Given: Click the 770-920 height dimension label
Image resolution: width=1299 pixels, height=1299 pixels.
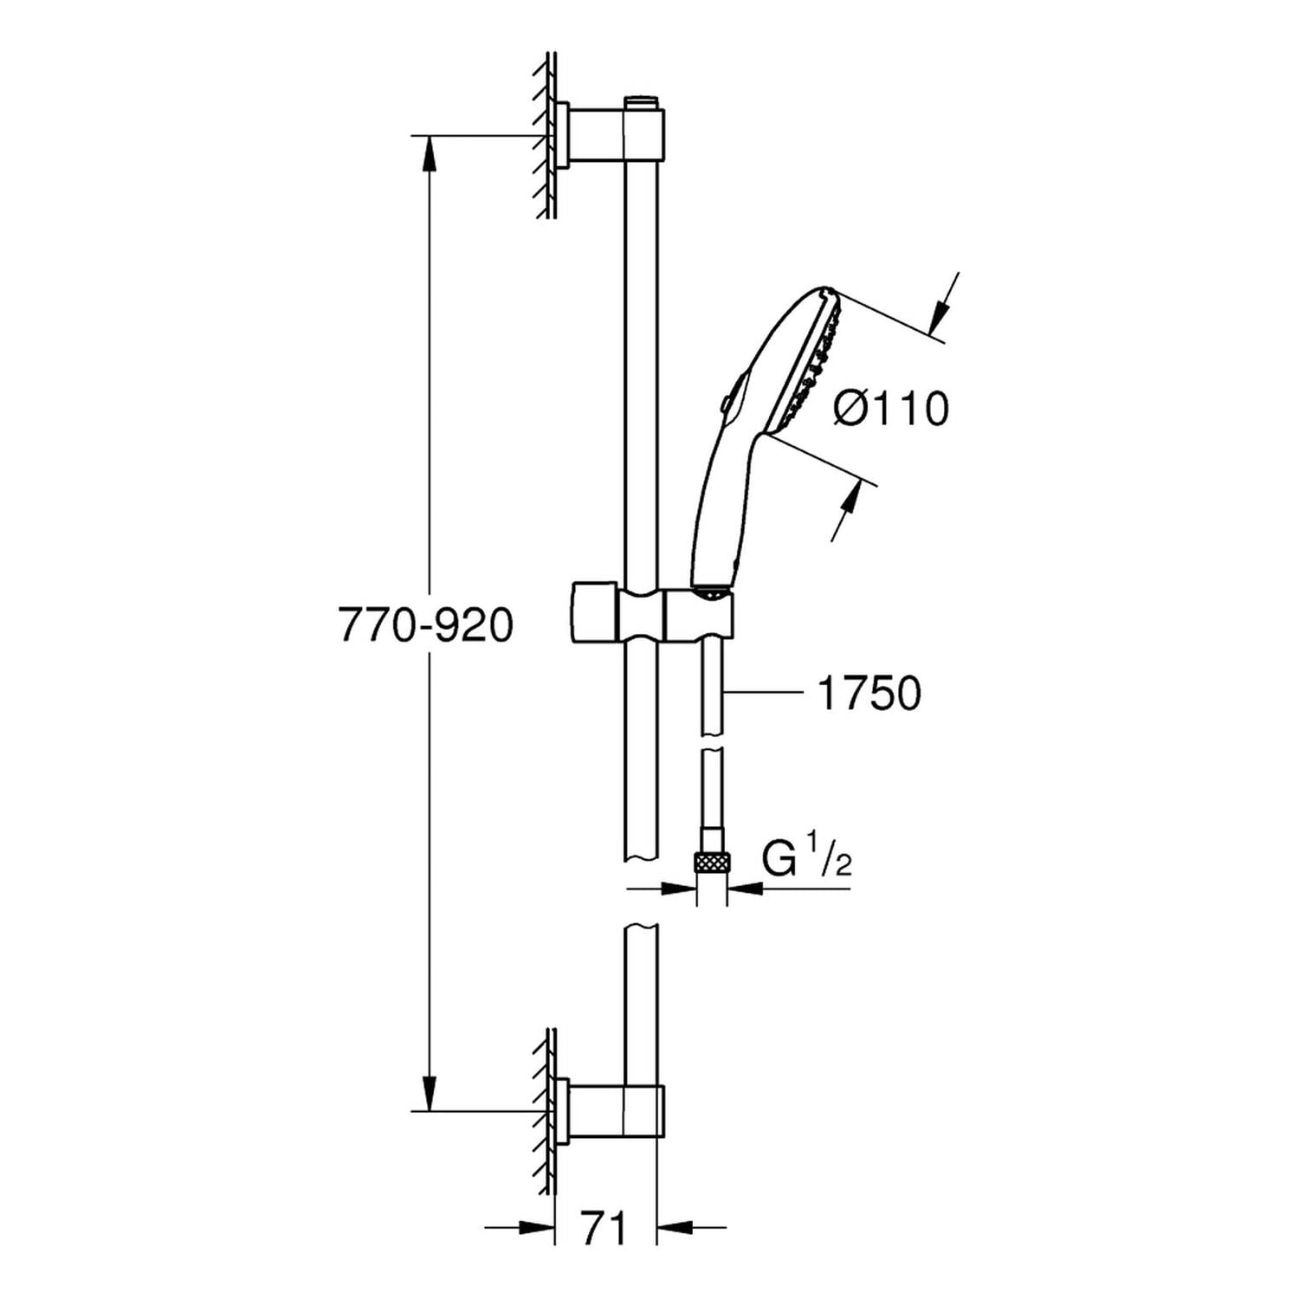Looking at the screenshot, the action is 425,625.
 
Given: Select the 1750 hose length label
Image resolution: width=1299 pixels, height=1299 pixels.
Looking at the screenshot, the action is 869,693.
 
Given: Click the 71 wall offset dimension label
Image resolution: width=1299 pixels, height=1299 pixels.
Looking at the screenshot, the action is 603,1229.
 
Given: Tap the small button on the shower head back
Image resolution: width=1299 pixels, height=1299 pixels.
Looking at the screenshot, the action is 722,402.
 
